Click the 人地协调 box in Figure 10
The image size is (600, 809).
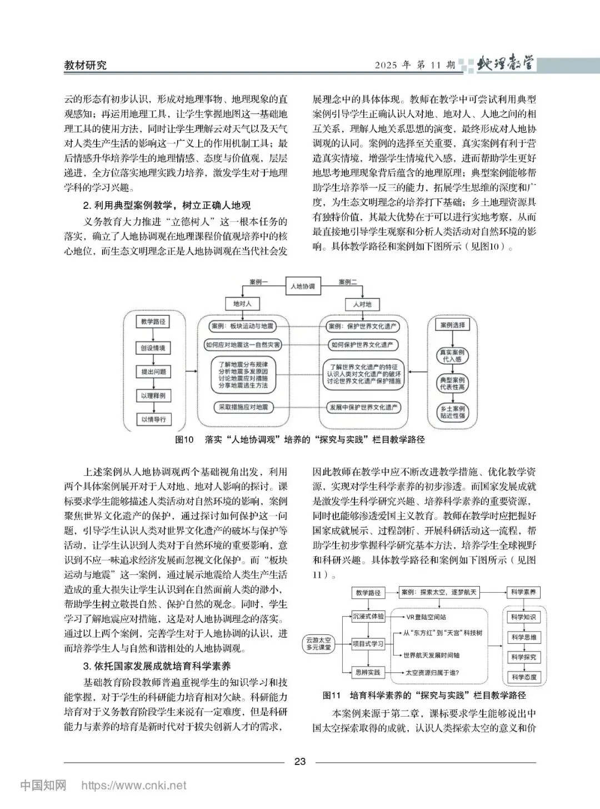[303, 286]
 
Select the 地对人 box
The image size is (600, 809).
[242, 304]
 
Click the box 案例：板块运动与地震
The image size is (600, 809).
[242, 326]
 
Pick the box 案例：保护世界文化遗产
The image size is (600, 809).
[363, 326]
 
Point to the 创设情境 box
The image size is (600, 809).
[153, 348]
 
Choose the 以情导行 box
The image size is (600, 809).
[153, 419]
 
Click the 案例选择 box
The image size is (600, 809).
[452, 325]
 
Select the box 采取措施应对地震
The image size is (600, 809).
[242, 408]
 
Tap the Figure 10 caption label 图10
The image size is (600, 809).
[184, 440]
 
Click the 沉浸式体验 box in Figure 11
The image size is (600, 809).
[368, 617]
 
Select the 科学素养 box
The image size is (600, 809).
[523, 593]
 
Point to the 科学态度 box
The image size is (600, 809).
[523, 677]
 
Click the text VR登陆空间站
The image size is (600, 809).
[426, 617]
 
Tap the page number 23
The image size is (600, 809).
[300, 762]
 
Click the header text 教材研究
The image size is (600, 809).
[85, 65]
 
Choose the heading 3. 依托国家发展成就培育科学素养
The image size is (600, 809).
[157, 666]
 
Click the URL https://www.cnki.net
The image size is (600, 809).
[134, 786]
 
